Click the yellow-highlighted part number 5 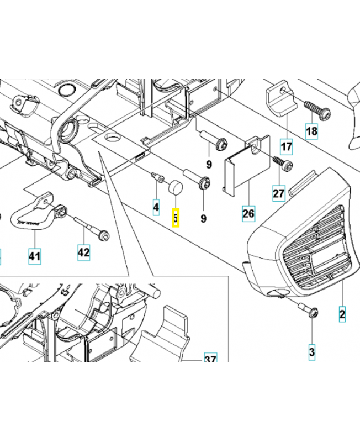pos(176,218)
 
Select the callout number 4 pos(156,208)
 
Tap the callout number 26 pos(248,213)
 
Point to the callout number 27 pos(279,193)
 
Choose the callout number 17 pos(287,146)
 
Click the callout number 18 pos(311,131)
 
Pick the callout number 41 pos(34,256)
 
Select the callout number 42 pos(84,252)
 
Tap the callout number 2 pos(342,314)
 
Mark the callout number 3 pos(312,352)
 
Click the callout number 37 pos(210,358)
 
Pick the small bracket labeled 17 pos(281,99)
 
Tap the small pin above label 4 pos(158,177)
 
